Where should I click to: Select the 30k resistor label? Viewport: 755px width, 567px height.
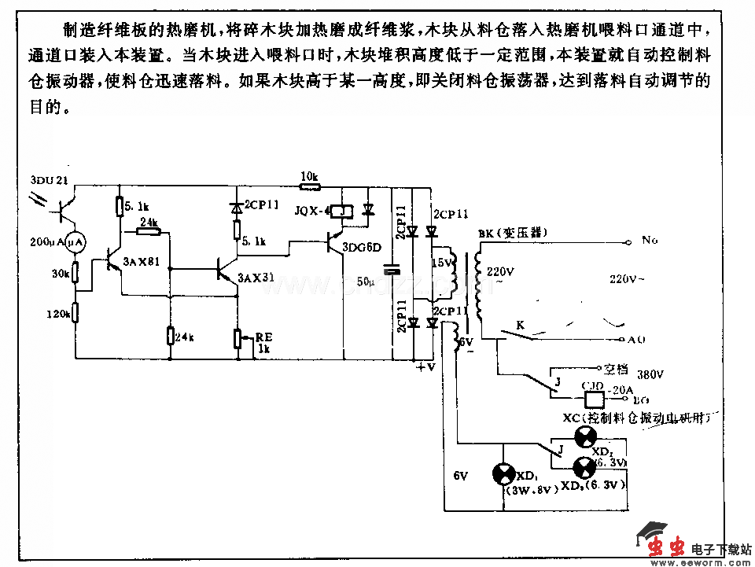click(61, 274)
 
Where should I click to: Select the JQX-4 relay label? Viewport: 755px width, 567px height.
click(310, 212)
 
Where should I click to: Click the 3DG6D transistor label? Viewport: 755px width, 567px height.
click(361, 247)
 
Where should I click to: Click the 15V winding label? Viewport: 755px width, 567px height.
click(443, 263)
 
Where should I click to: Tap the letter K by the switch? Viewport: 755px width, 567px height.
click(520, 324)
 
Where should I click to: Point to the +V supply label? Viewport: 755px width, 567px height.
click(425, 366)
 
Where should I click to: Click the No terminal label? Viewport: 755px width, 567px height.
click(650, 239)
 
